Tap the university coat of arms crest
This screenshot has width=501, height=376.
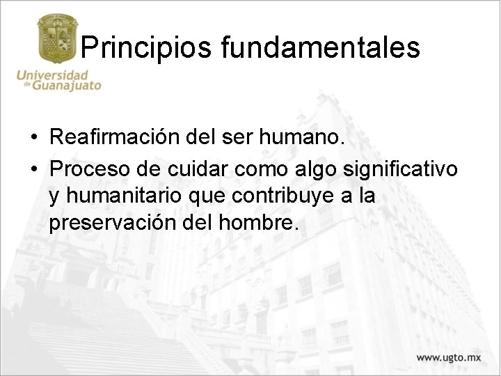[57, 40]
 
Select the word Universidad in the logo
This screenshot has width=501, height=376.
[53, 75]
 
